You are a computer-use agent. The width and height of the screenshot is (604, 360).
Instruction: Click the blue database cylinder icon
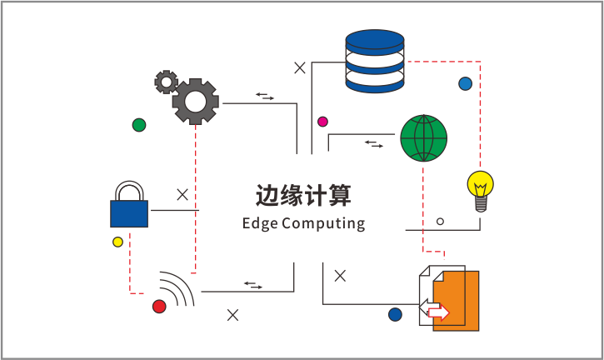tap(374, 61)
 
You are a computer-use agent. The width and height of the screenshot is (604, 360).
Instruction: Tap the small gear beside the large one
tap(166, 81)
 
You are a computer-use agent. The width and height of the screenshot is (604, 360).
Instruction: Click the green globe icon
tap(423, 137)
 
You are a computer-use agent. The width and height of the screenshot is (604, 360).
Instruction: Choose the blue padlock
tap(129, 206)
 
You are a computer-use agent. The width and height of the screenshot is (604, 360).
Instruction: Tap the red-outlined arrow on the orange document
tap(437, 312)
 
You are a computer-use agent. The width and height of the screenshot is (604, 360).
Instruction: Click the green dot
tap(139, 125)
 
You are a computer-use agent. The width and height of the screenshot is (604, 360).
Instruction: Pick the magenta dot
tap(322, 122)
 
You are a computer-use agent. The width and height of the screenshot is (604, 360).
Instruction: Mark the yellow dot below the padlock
tap(117, 242)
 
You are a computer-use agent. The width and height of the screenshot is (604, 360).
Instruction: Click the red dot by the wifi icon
tap(159, 307)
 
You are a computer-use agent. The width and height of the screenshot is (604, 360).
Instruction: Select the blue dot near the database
tap(465, 83)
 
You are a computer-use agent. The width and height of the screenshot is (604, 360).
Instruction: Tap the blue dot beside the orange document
tap(395, 314)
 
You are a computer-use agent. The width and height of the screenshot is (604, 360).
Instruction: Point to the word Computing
tap(323, 223)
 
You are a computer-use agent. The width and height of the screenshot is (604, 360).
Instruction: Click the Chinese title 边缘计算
tap(303, 196)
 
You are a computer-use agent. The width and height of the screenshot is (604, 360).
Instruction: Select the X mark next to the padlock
tap(182, 195)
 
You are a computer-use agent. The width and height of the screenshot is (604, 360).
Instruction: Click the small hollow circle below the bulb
tap(440, 222)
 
